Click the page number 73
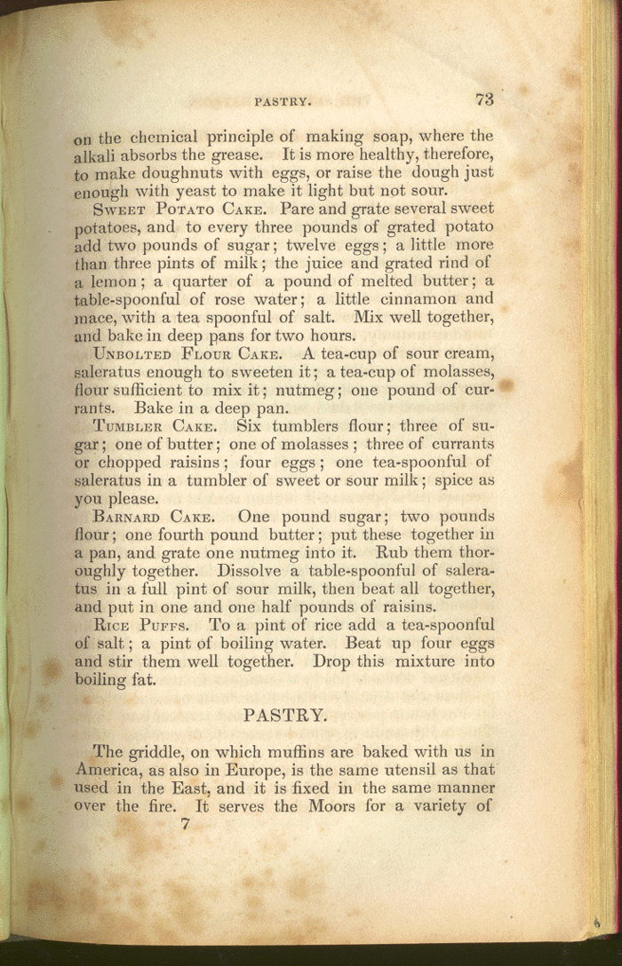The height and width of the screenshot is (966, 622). [x=484, y=99]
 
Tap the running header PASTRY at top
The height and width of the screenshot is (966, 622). [x=283, y=102]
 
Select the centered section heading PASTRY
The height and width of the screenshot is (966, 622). [x=283, y=713]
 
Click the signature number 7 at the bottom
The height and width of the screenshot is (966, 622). [x=185, y=824]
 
